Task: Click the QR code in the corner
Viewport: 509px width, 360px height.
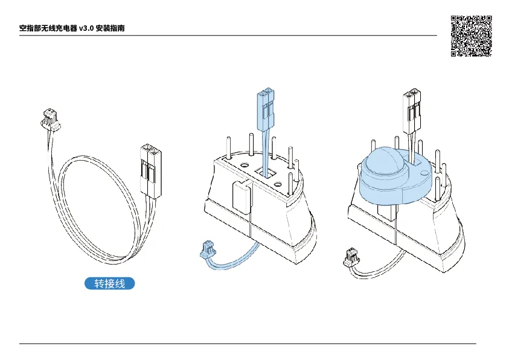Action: pos(472,36)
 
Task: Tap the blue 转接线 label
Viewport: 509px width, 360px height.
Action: pos(110,283)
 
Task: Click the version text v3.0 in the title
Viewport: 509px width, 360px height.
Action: pos(86,28)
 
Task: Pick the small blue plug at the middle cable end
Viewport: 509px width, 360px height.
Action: pos(207,249)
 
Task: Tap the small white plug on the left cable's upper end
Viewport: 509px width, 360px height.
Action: pos(50,120)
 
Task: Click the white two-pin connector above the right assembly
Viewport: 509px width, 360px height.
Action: pos(412,111)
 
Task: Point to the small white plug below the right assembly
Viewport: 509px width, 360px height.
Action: pos(351,257)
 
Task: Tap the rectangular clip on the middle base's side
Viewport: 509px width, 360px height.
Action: pos(242,197)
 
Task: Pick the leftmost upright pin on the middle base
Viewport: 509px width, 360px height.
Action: pos(228,148)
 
